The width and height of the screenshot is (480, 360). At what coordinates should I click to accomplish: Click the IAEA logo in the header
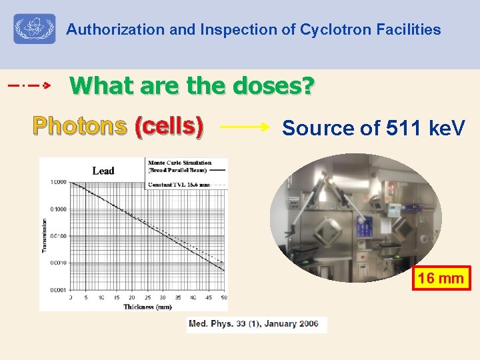[x=35, y=29]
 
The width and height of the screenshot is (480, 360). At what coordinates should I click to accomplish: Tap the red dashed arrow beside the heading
[x=29, y=86]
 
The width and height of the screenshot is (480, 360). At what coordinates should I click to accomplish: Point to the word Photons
[x=79, y=125]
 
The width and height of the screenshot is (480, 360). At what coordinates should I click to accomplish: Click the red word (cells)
[x=169, y=125]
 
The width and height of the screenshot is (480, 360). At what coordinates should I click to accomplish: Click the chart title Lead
[x=103, y=171]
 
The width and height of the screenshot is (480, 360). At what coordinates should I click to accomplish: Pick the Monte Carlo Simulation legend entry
[x=179, y=163]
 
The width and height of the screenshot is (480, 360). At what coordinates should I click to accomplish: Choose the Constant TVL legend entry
[x=179, y=183]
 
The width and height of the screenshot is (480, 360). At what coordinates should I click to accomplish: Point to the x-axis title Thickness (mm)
[x=147, y=307]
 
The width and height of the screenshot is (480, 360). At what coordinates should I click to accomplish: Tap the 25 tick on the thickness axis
[x=147, y=297]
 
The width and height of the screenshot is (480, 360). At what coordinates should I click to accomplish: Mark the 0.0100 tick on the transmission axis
[x=58, y=236]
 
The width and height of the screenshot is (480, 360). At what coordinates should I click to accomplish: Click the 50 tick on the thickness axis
[x=223, y=297]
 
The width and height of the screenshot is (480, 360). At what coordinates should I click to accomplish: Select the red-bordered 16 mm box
[x=442, y=278]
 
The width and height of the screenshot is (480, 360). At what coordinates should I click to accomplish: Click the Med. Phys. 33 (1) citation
[x=257, y=324]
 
